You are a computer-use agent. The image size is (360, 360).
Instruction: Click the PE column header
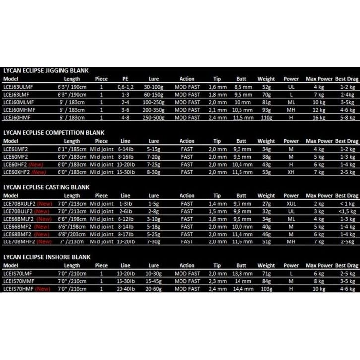tap(125, 79)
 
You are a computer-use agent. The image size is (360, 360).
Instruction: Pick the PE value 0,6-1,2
tap(125, 86)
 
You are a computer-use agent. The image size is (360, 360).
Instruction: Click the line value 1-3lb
tap(125, 203)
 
